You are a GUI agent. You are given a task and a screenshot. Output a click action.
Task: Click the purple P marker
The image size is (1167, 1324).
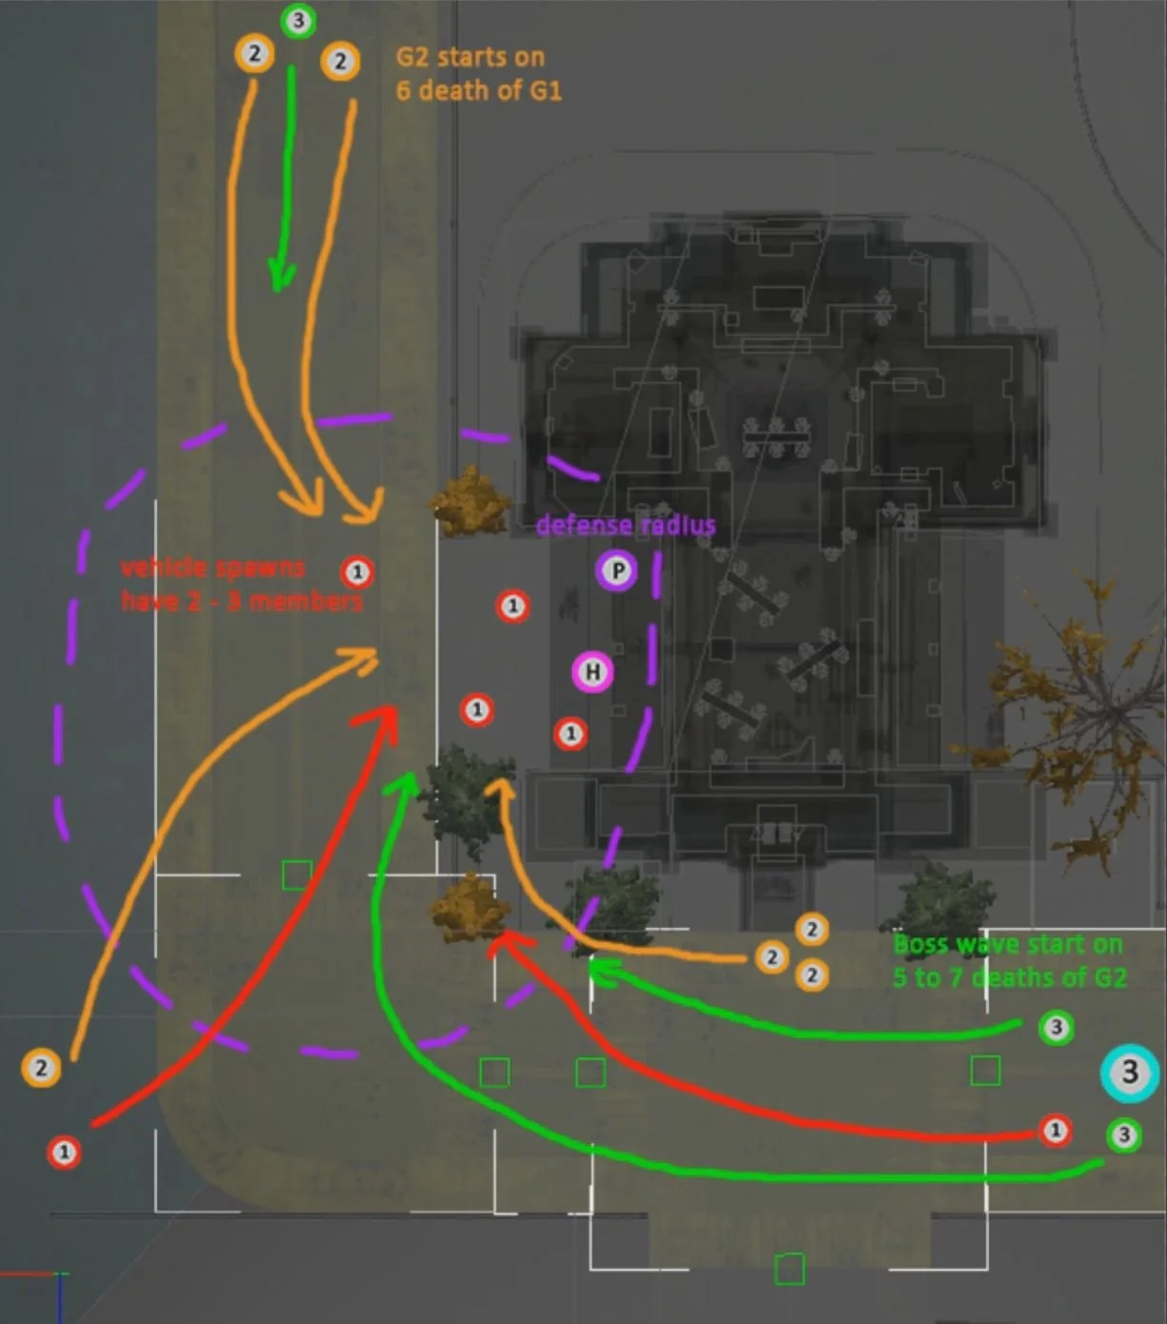(x=616, y=571)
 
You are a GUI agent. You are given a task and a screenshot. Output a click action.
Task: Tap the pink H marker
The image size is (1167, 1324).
(x=593, y=672)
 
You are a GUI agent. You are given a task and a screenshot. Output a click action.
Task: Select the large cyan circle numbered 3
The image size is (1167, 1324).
(x=1130, y=1072)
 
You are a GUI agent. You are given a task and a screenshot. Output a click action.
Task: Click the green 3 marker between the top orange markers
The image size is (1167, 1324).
(x=298, y=21)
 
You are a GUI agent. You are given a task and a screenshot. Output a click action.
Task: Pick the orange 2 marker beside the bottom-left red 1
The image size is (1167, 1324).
(x=41, y=1069)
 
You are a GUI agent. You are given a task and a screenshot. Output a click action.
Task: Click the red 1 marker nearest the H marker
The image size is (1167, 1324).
(x=571, y=733)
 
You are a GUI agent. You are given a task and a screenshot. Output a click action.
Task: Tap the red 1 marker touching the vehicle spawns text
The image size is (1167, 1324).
(x=357, y=572)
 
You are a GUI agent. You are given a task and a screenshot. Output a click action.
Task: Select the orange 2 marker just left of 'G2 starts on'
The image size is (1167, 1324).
(x=340, y=62)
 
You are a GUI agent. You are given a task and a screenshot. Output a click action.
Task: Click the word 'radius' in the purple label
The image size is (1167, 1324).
(x=677, y=526)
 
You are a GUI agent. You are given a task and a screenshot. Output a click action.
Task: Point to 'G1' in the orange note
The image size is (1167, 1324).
(x=542, y=91)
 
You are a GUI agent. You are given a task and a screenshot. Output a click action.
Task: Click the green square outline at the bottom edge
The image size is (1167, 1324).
(x=789, y=1269)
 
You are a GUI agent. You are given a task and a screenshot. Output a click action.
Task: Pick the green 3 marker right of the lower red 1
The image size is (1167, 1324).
(x=1124, y=1134)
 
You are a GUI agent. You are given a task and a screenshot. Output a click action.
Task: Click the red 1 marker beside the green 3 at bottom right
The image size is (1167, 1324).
(x=1055, y=1131)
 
